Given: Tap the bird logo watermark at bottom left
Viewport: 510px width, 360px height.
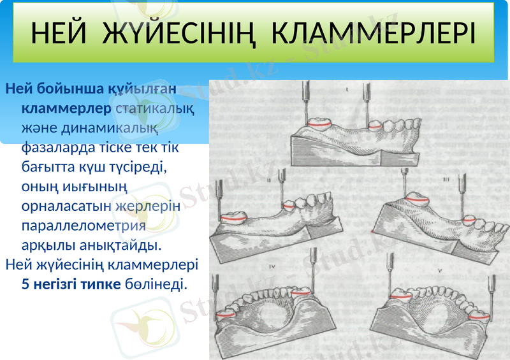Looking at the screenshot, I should [x=143, y=321].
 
